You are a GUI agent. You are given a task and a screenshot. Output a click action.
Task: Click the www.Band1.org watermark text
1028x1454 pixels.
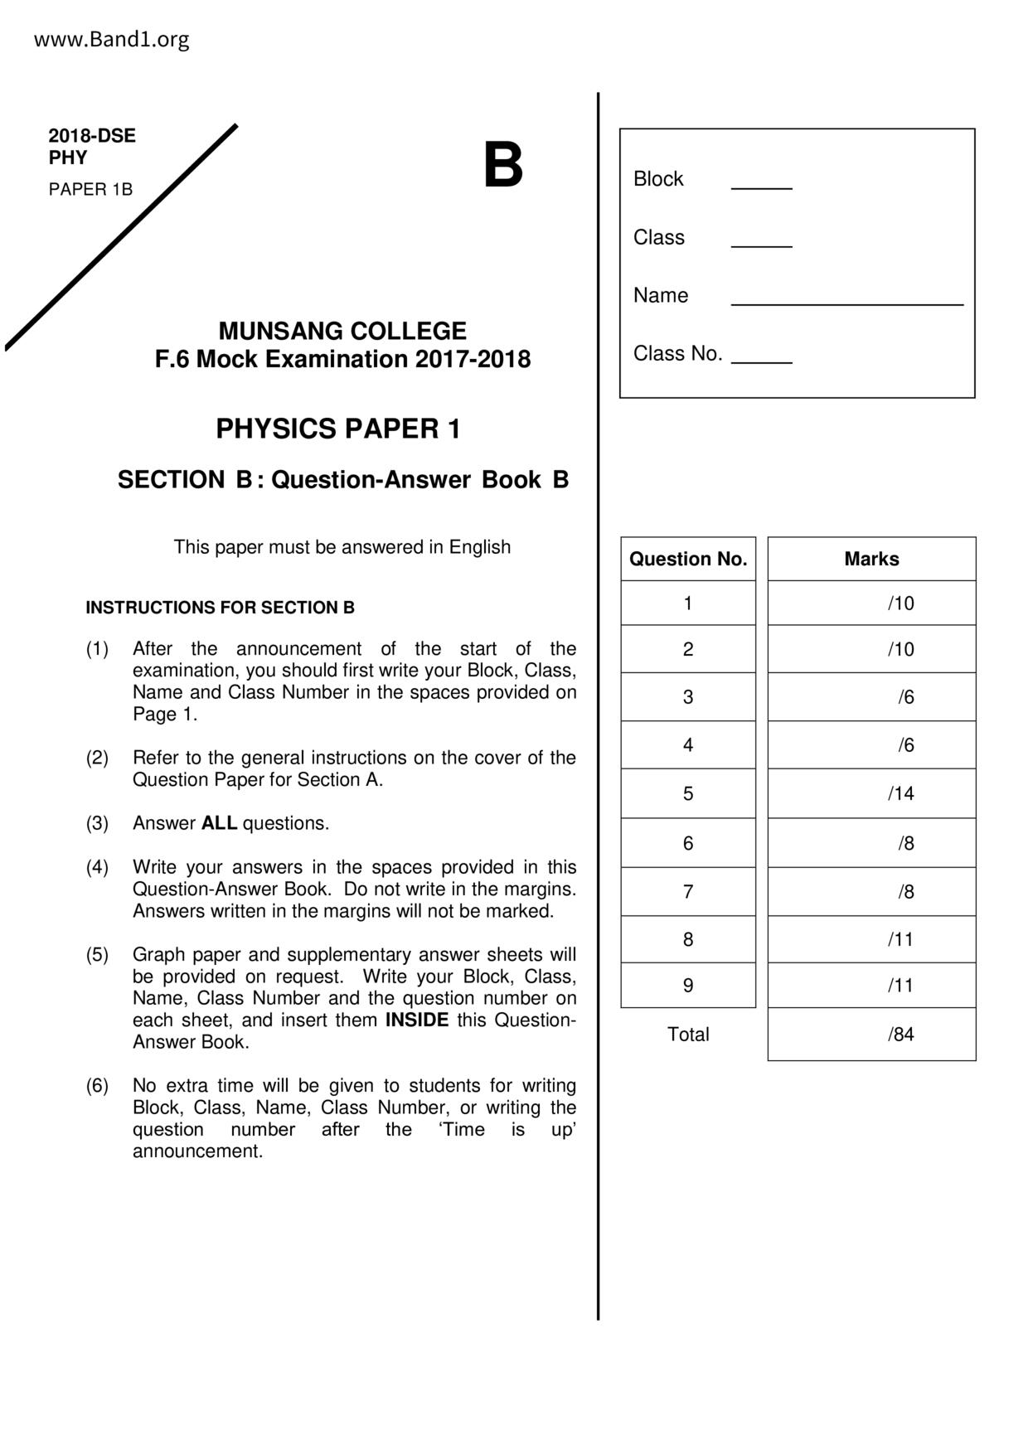tap(111, 40)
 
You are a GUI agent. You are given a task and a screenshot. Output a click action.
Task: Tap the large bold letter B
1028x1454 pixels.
tap(502, 165)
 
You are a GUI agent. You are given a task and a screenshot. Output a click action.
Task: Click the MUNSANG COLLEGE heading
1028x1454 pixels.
tap(342, 331)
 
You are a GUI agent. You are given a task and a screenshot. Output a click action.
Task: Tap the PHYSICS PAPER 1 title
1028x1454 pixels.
tap(338, 429)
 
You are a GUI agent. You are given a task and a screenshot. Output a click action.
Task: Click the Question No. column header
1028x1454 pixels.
tap(688, 559)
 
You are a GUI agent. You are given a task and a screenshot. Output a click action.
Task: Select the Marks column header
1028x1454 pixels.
tap(871, 559)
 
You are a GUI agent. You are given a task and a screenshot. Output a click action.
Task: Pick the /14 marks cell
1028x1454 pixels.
tap(900, 793)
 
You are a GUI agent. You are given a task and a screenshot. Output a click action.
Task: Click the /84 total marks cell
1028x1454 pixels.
tap(900, 1034)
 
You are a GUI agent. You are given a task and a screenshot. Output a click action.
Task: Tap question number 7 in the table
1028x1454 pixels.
tap(688, 891)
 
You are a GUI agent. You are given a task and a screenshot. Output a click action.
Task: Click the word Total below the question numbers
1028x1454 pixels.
tap(688, 1034)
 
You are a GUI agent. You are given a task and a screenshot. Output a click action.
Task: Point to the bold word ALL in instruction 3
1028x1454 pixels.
tap(219, 823)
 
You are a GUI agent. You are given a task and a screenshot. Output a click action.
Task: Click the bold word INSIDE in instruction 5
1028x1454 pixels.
tap(417, 1020)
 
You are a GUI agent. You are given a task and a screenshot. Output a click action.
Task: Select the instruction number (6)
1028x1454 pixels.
tap(97, 1085)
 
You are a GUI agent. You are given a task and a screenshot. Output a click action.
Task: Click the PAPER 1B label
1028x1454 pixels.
tap(90, 190)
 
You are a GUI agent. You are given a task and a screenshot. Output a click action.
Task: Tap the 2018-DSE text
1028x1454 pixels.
tap(92, 136)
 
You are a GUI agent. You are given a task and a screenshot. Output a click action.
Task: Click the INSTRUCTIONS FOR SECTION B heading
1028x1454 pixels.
tap(220, 608)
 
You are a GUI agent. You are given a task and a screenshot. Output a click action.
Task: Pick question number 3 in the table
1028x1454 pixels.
tap(688, 697)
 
